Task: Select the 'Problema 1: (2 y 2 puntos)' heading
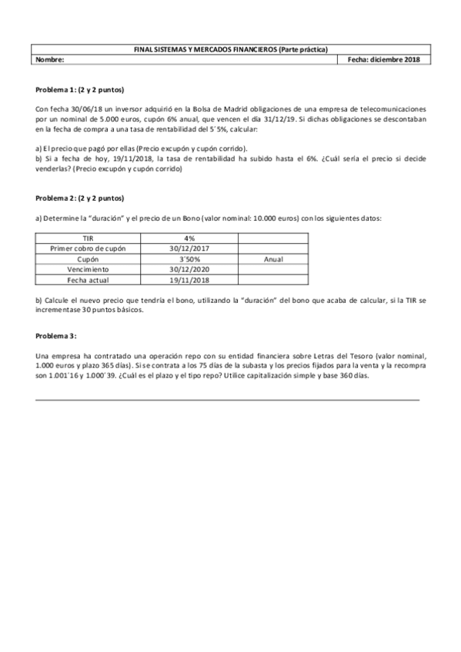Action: [80, 89]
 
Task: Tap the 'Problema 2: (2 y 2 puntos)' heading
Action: [80, 198]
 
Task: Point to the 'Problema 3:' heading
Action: [57, 337]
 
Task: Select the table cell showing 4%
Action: [189, 238]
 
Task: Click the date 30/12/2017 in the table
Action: [189, 249]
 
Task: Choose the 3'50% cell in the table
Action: [189, 260]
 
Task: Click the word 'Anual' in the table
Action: [274, 260]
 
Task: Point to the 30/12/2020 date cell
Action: [189, 271]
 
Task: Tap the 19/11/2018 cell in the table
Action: [189, 281]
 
